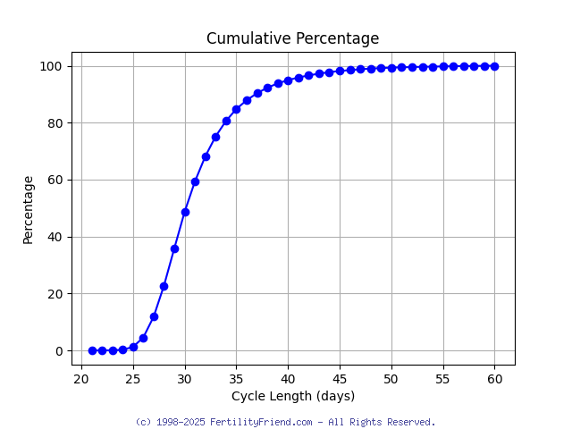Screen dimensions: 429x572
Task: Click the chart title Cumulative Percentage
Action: pyautogui.click(x=292, y=38)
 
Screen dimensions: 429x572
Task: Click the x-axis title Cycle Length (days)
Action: pyautogui.click(x=292, y=396)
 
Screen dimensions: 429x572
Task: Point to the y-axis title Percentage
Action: pyautogui.click(x=28, y=209)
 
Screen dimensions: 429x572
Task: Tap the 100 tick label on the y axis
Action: pyautogui.click(x=51, y=66)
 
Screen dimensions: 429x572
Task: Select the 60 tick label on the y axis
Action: pyautogui.click(x=55, y=180)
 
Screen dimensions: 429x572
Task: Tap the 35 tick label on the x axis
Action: pyautogui.click(x=237, y=379)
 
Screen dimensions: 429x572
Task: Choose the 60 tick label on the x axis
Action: pyautogui.click(x=494, y=379)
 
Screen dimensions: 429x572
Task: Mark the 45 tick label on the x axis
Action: pyautogui.click(x=340, y=379)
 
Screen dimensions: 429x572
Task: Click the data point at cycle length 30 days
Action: pyautogui.click(x=185, y=212)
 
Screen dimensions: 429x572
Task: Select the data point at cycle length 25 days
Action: pyautogui.click(x=133, y=347)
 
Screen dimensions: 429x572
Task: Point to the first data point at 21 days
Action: pyautogui.click(x=92, y=350)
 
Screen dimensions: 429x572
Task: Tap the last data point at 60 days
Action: pyautogui.click(x=494, y=66)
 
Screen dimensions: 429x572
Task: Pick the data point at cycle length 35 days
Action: pyautogui.click(x=237, y=109)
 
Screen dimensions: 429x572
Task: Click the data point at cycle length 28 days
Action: pyautogui.click(x=164, y=286)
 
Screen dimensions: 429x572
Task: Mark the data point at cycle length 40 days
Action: pyautogui.click(x=288, y=80)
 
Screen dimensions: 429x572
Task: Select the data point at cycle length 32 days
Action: pyautogui.click(x=206, y=156)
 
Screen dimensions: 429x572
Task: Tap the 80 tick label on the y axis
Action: pyautogui.click(x=55, y=122)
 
